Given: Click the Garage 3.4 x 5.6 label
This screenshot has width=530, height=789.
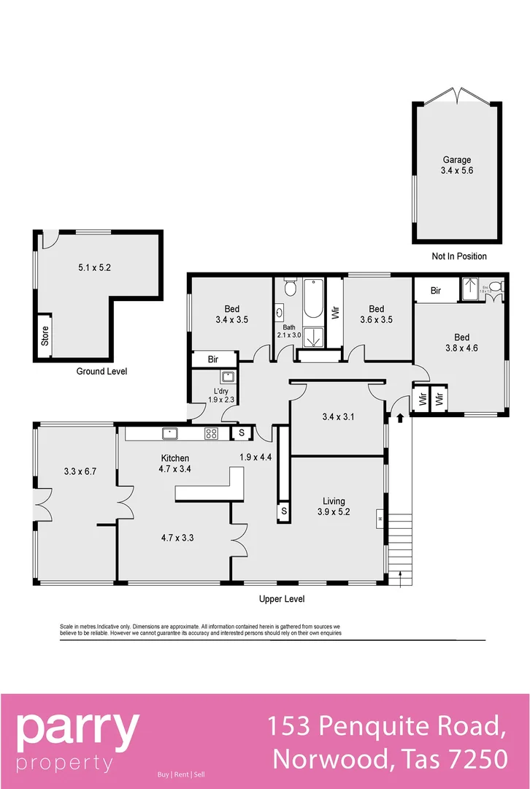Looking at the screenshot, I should click(456, 165).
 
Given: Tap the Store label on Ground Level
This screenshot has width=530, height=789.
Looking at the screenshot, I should click(45, 335).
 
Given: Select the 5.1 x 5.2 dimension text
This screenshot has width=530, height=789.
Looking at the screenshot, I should click(95, 267).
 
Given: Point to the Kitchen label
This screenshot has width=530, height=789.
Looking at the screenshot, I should click(175, 458).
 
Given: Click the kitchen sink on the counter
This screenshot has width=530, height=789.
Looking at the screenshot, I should click(170, 433).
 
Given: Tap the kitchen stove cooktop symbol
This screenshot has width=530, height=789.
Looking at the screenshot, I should click(211, 433).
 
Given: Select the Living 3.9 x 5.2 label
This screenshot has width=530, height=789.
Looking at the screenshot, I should click(334, 506).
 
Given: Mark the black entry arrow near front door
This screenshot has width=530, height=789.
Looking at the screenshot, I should click(400, 418).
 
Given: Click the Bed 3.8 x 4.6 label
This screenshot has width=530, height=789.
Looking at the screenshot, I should click(461, 343).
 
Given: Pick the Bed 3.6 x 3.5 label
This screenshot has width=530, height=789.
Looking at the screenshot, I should click(377, 314).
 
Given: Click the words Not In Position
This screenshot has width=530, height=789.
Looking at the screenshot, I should click(458, 256).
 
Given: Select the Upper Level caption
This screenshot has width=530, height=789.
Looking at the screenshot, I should click(282, 599).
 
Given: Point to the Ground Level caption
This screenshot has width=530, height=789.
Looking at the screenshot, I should click(101, 371).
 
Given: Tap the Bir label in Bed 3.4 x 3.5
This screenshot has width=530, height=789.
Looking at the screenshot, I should click(213, 359).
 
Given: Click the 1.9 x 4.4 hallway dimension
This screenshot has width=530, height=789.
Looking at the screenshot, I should click(256, 457).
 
